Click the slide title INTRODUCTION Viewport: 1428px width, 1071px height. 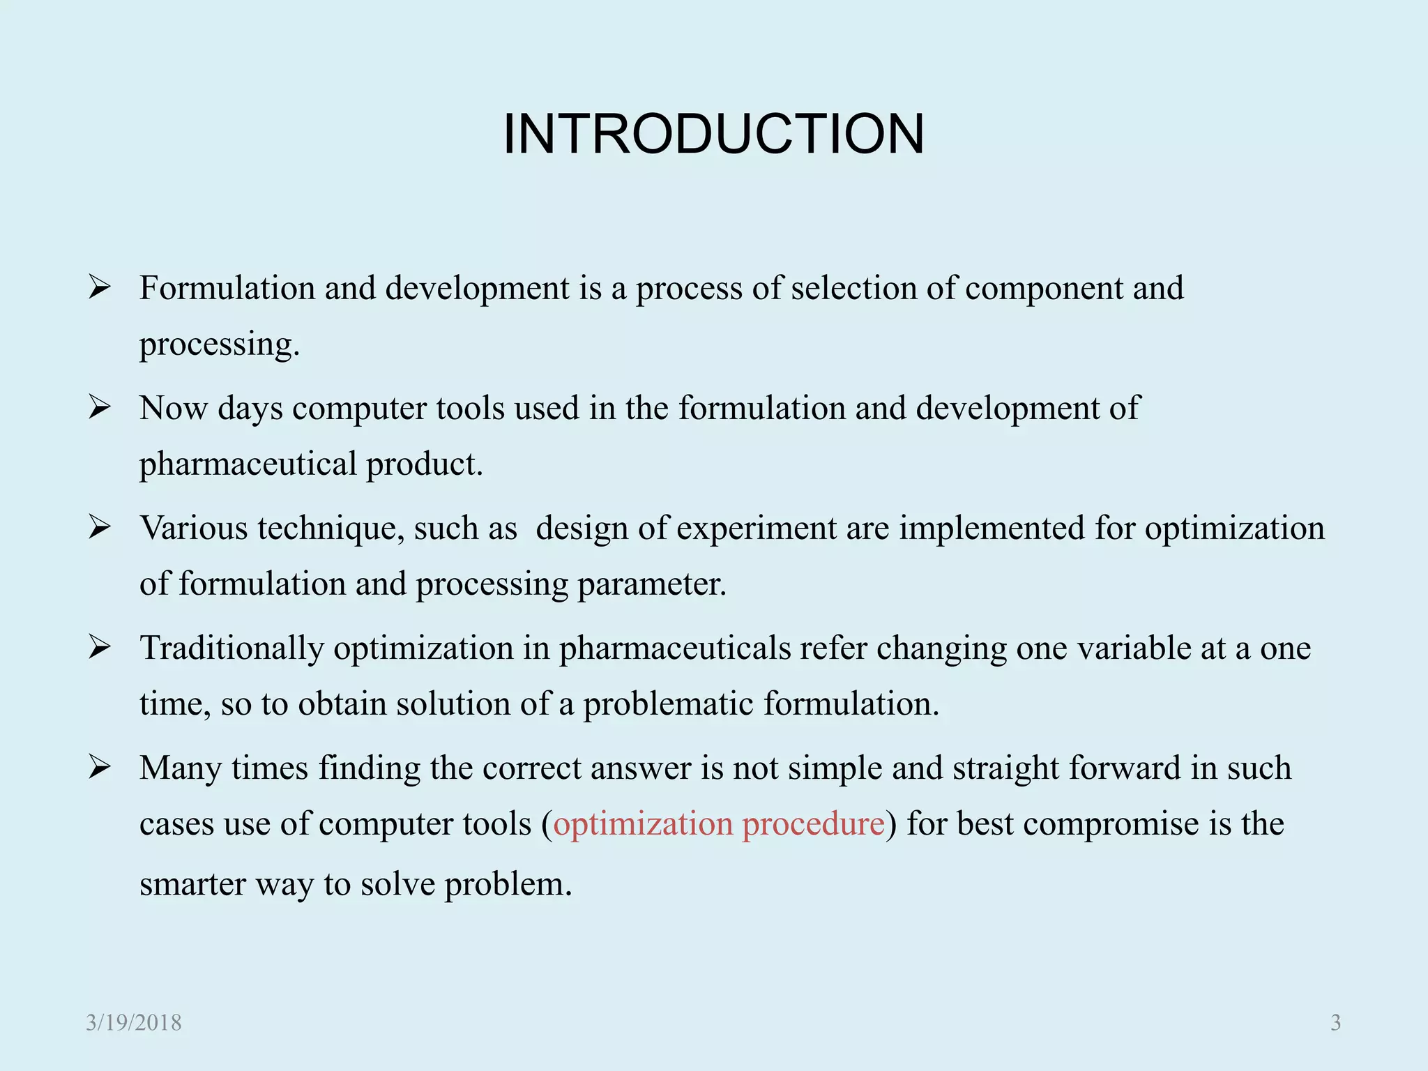tap(713, 134)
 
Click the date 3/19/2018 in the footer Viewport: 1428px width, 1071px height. tap(134, 1022)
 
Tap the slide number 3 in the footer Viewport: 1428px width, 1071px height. tap(1335, 1022)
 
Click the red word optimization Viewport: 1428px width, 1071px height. tap(643, 823)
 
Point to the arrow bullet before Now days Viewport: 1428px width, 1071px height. tap(100, 407)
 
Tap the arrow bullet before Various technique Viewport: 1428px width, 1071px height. tap(100, 527)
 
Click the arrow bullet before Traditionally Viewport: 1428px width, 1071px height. tap(100, 647)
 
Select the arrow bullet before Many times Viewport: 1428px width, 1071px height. tap(100, 767)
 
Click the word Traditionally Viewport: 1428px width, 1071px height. tap(232, 648)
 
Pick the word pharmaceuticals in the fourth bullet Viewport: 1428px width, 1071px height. tap(674, 648)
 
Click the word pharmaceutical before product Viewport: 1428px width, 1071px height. tap(248, 464)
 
